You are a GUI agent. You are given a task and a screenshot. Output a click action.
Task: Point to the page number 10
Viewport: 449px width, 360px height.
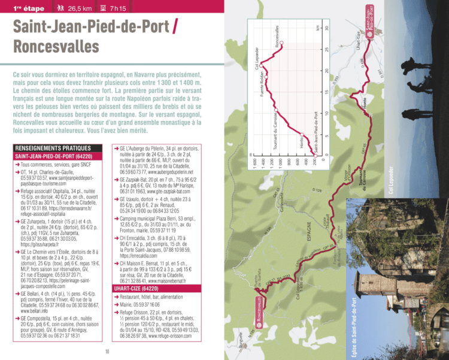tap(107, 352)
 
